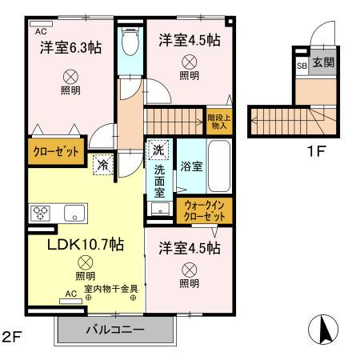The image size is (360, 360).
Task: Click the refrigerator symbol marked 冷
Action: click(104, 164)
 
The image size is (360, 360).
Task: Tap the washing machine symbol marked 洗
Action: click(158, 150)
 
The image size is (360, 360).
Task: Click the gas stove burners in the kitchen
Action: click(41, 213)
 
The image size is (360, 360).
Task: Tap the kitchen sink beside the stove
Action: click(75, 213)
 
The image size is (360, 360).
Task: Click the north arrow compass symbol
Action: click(323, 329)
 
